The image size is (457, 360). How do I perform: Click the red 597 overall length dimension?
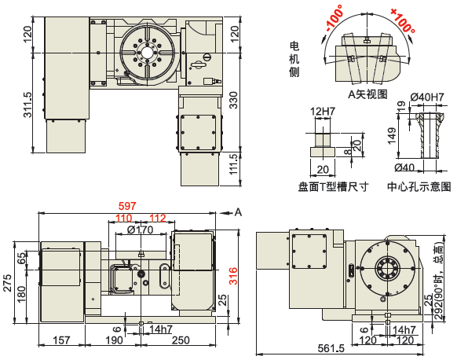click(x=127, y=206)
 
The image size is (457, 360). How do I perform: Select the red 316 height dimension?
click(x=233, y=276)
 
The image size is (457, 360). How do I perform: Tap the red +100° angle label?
click(x=403, y=20)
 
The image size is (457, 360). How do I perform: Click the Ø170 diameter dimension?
click(x=141, y=230)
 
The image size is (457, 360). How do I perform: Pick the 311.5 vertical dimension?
click(x=27, y=105)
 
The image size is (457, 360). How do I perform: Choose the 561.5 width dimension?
click(x=331, y=348)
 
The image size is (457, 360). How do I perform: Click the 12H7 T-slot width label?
click(x=323, y=111)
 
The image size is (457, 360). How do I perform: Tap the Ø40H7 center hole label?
click(x=427, y=97)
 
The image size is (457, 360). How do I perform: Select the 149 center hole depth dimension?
click(x=392, y=136)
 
